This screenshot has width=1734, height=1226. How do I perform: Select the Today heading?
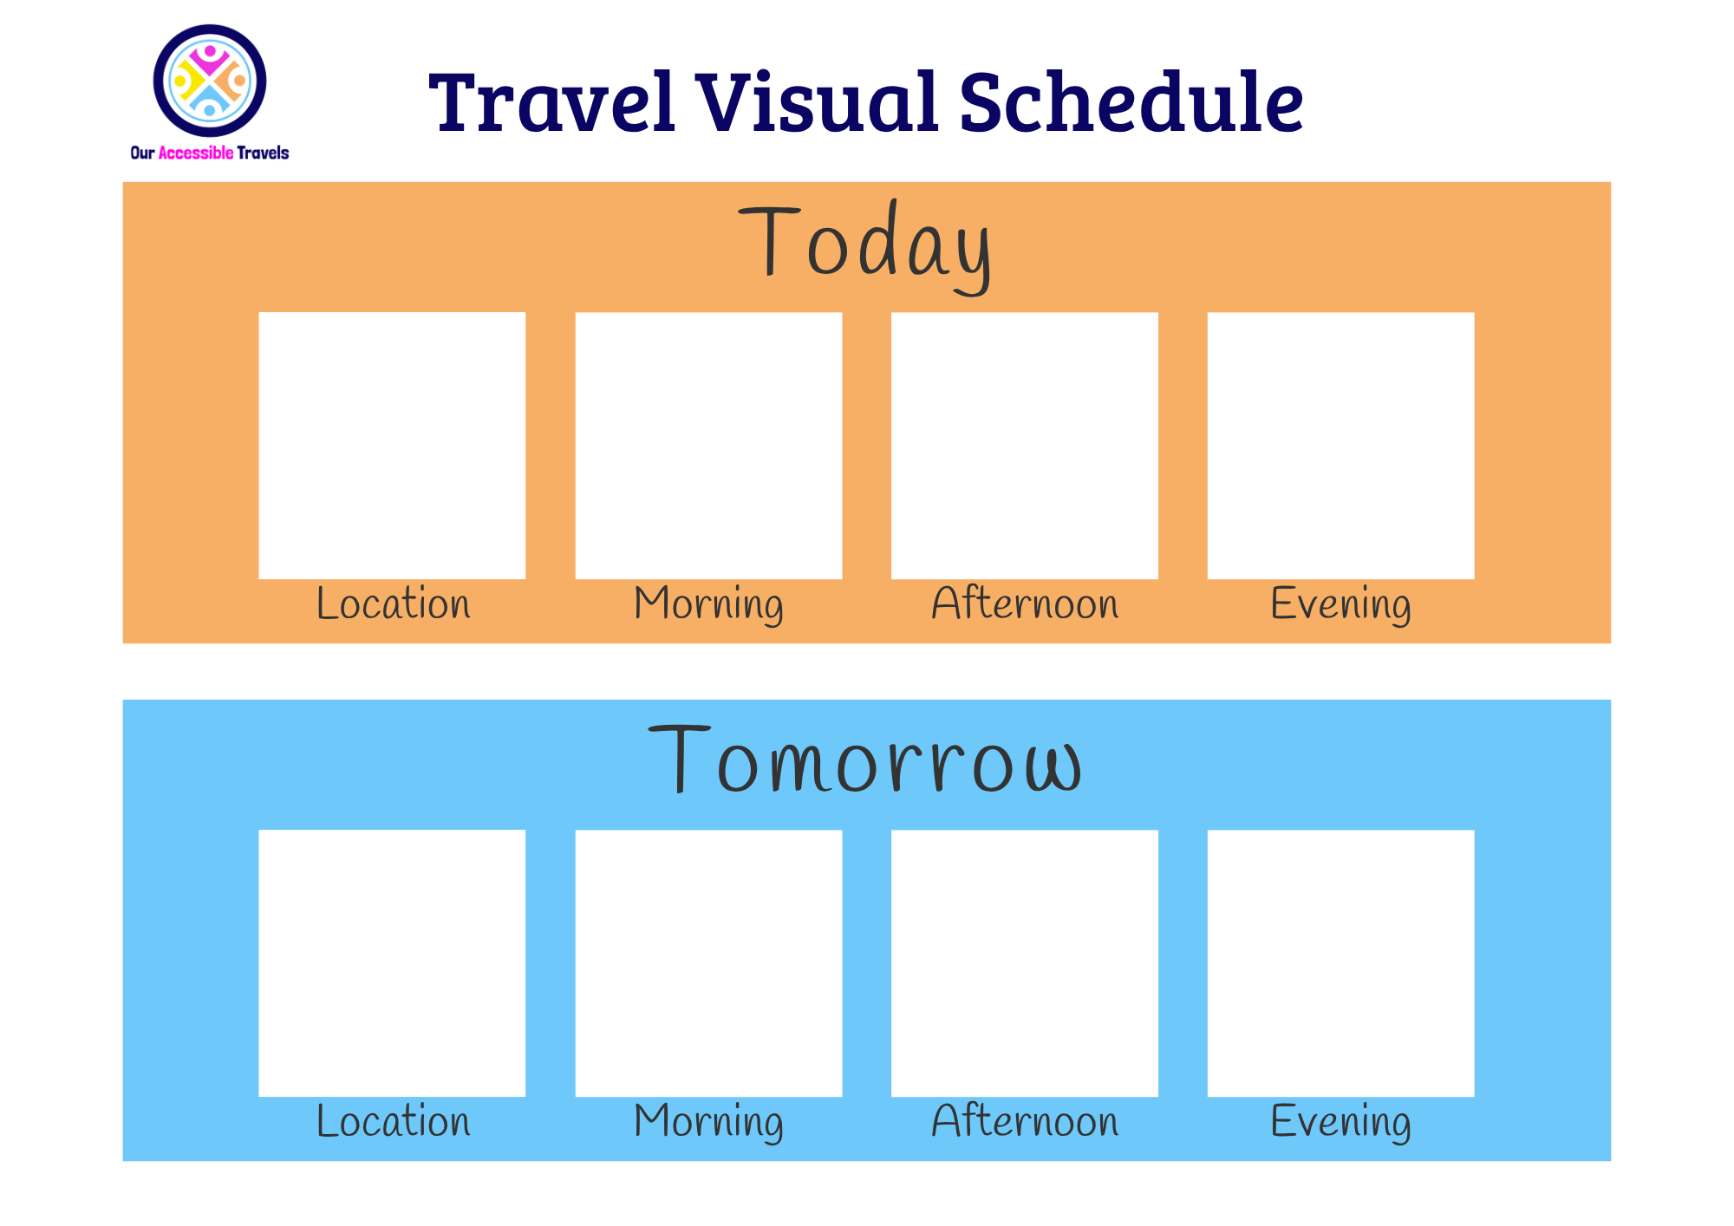(x=865, y=245)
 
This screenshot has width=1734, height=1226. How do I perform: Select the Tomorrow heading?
(x=865, y=761)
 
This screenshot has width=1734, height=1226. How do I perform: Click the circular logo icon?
(x=210, y=81)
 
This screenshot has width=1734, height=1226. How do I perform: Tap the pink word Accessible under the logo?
(x=196, y=153)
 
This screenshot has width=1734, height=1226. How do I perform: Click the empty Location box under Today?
(x=392, y=446)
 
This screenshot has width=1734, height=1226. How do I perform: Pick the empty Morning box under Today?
(x=708, y=446)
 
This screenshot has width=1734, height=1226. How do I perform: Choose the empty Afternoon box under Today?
(x=1025, y=446)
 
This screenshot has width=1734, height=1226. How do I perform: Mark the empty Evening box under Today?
(x=1340, y=446)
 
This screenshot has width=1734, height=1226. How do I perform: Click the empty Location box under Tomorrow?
(x=392, y=963)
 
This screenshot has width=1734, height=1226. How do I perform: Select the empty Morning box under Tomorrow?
(x=708, y=963)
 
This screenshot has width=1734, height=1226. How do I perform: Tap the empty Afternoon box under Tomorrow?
(x=1025, y=963)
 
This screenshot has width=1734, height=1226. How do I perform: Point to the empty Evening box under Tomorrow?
(x=1340, y=963)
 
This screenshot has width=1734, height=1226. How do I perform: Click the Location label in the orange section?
(x=394, y=603)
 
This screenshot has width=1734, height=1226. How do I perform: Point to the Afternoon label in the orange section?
(x=1025, y=603)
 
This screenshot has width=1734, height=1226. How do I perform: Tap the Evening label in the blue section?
(x=1340, y=1121)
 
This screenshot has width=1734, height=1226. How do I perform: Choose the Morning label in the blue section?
(x=708, y=1121)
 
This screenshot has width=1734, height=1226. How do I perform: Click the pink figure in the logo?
(x=210, y=59)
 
